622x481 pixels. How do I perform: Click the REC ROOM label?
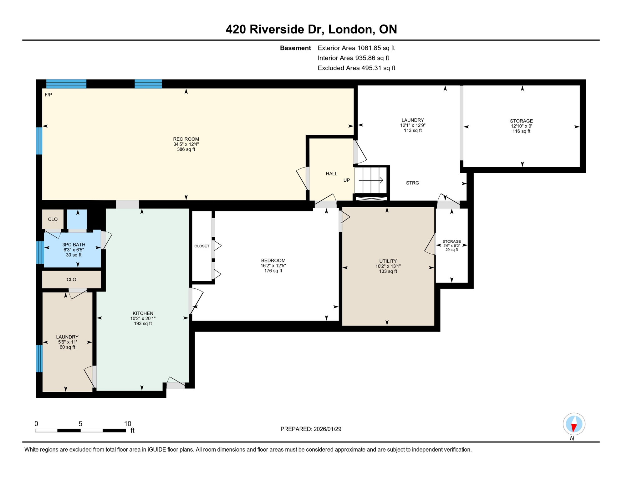pyautogui.click(x=186, y=139)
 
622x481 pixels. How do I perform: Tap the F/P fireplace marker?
pyautogui.click(x=48, y=95)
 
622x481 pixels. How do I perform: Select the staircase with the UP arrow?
pyautogui.click(x=371, y=180)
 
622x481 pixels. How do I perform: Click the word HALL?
pyautogui.click(x=331, y=173)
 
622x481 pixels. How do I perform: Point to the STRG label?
pyautogui.click(x=412, y=183)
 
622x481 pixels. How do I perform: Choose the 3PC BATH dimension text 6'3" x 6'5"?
pyautogui.click(x=74, y=250)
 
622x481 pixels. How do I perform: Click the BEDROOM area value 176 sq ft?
pyautogui.click(x=273, y=271)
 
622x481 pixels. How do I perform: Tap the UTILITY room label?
pyautogui.click(x=388, y=261)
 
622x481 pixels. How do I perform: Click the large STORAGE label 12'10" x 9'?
pyautogui.click(x=521, y=126)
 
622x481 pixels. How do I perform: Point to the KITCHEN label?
pyautogui.click(x=143, y=313)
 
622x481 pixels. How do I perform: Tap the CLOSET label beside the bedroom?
pyautogui.click(x=202, y=246)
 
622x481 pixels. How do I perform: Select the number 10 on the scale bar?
pyautogui.click(x=128, y=424)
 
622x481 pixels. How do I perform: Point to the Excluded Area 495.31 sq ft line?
pyautogui.click(x=356, y=68)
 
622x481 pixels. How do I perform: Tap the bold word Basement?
pyautogui.click(x=295, y=48)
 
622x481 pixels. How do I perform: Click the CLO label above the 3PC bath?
pyautogui.click(x=53, y=219)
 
